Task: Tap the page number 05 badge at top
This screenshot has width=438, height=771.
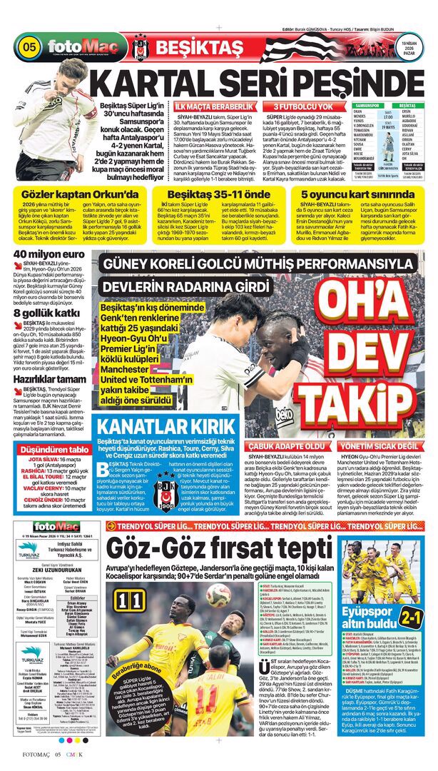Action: click(x=29, y=48)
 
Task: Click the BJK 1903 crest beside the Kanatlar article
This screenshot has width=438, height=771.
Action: click(x=165, y=490)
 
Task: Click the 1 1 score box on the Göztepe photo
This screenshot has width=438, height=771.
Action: click(x=134, y=599)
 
